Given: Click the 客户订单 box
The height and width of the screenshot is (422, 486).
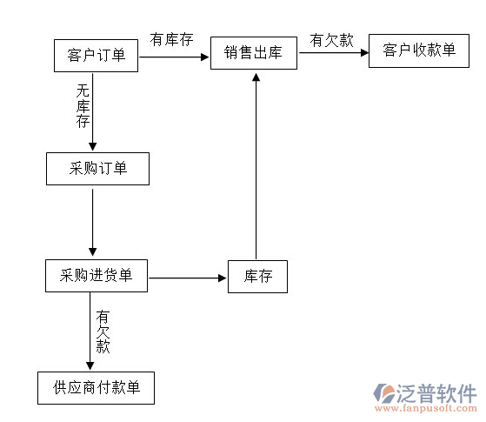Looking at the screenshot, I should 96,56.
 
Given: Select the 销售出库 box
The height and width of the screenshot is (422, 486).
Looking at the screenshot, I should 254,53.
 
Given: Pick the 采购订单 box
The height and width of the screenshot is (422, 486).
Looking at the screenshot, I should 97,169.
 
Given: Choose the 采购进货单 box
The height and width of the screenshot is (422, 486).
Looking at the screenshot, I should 97,276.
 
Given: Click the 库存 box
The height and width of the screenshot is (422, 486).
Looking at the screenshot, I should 257,277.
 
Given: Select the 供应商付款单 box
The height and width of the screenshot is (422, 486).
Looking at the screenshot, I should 96,387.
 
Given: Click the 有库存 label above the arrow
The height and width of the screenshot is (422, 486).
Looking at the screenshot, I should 171,40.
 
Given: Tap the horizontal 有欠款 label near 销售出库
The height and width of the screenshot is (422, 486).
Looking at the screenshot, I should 332,40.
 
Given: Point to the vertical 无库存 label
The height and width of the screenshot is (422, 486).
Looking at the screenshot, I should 83,105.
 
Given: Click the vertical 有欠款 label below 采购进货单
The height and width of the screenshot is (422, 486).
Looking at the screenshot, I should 103,331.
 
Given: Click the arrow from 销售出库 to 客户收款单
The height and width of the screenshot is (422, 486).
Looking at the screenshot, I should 333,52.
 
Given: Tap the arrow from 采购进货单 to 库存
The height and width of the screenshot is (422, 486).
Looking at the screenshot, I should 187,278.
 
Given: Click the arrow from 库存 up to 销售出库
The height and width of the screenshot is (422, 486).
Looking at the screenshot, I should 256,165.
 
